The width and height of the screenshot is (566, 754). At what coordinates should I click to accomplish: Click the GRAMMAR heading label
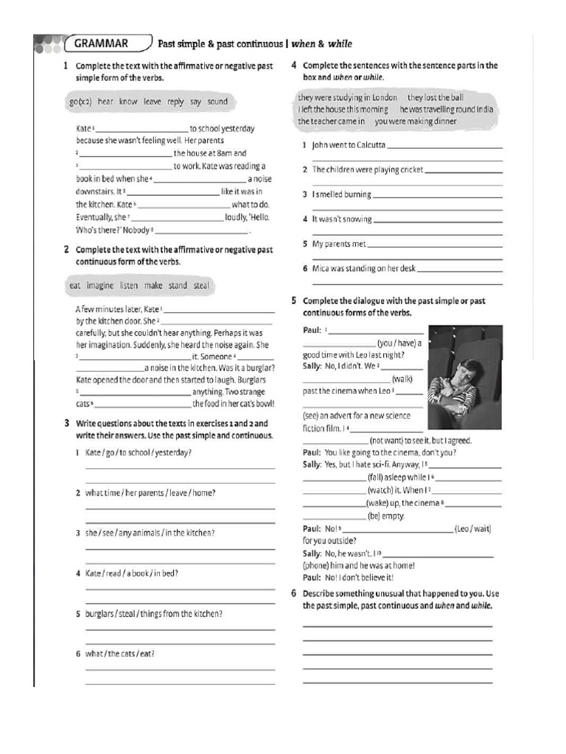(101, 43)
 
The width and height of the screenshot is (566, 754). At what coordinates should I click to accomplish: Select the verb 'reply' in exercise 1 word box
(175, 102)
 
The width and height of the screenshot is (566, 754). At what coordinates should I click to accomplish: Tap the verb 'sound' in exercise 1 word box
(217, 102)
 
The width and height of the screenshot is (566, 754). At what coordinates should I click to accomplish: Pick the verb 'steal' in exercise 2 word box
(201, 285)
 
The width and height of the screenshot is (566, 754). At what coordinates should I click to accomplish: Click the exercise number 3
(66, 423)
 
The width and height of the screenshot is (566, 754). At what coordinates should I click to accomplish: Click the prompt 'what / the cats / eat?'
(120, 653)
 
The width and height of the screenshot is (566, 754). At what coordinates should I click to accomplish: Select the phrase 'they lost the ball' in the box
(436, 97)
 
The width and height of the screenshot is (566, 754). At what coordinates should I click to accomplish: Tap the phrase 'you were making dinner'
(415, 121)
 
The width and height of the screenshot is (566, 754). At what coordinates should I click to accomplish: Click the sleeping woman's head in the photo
(466, 367)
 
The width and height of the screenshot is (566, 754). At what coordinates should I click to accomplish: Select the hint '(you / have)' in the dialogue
(399, 343)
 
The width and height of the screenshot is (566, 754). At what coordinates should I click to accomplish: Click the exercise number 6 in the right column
(293, 593)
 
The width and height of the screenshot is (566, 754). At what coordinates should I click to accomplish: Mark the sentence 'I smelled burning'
(341, 194)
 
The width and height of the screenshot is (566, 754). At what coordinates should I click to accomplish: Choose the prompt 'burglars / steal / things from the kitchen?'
(154, 613)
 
